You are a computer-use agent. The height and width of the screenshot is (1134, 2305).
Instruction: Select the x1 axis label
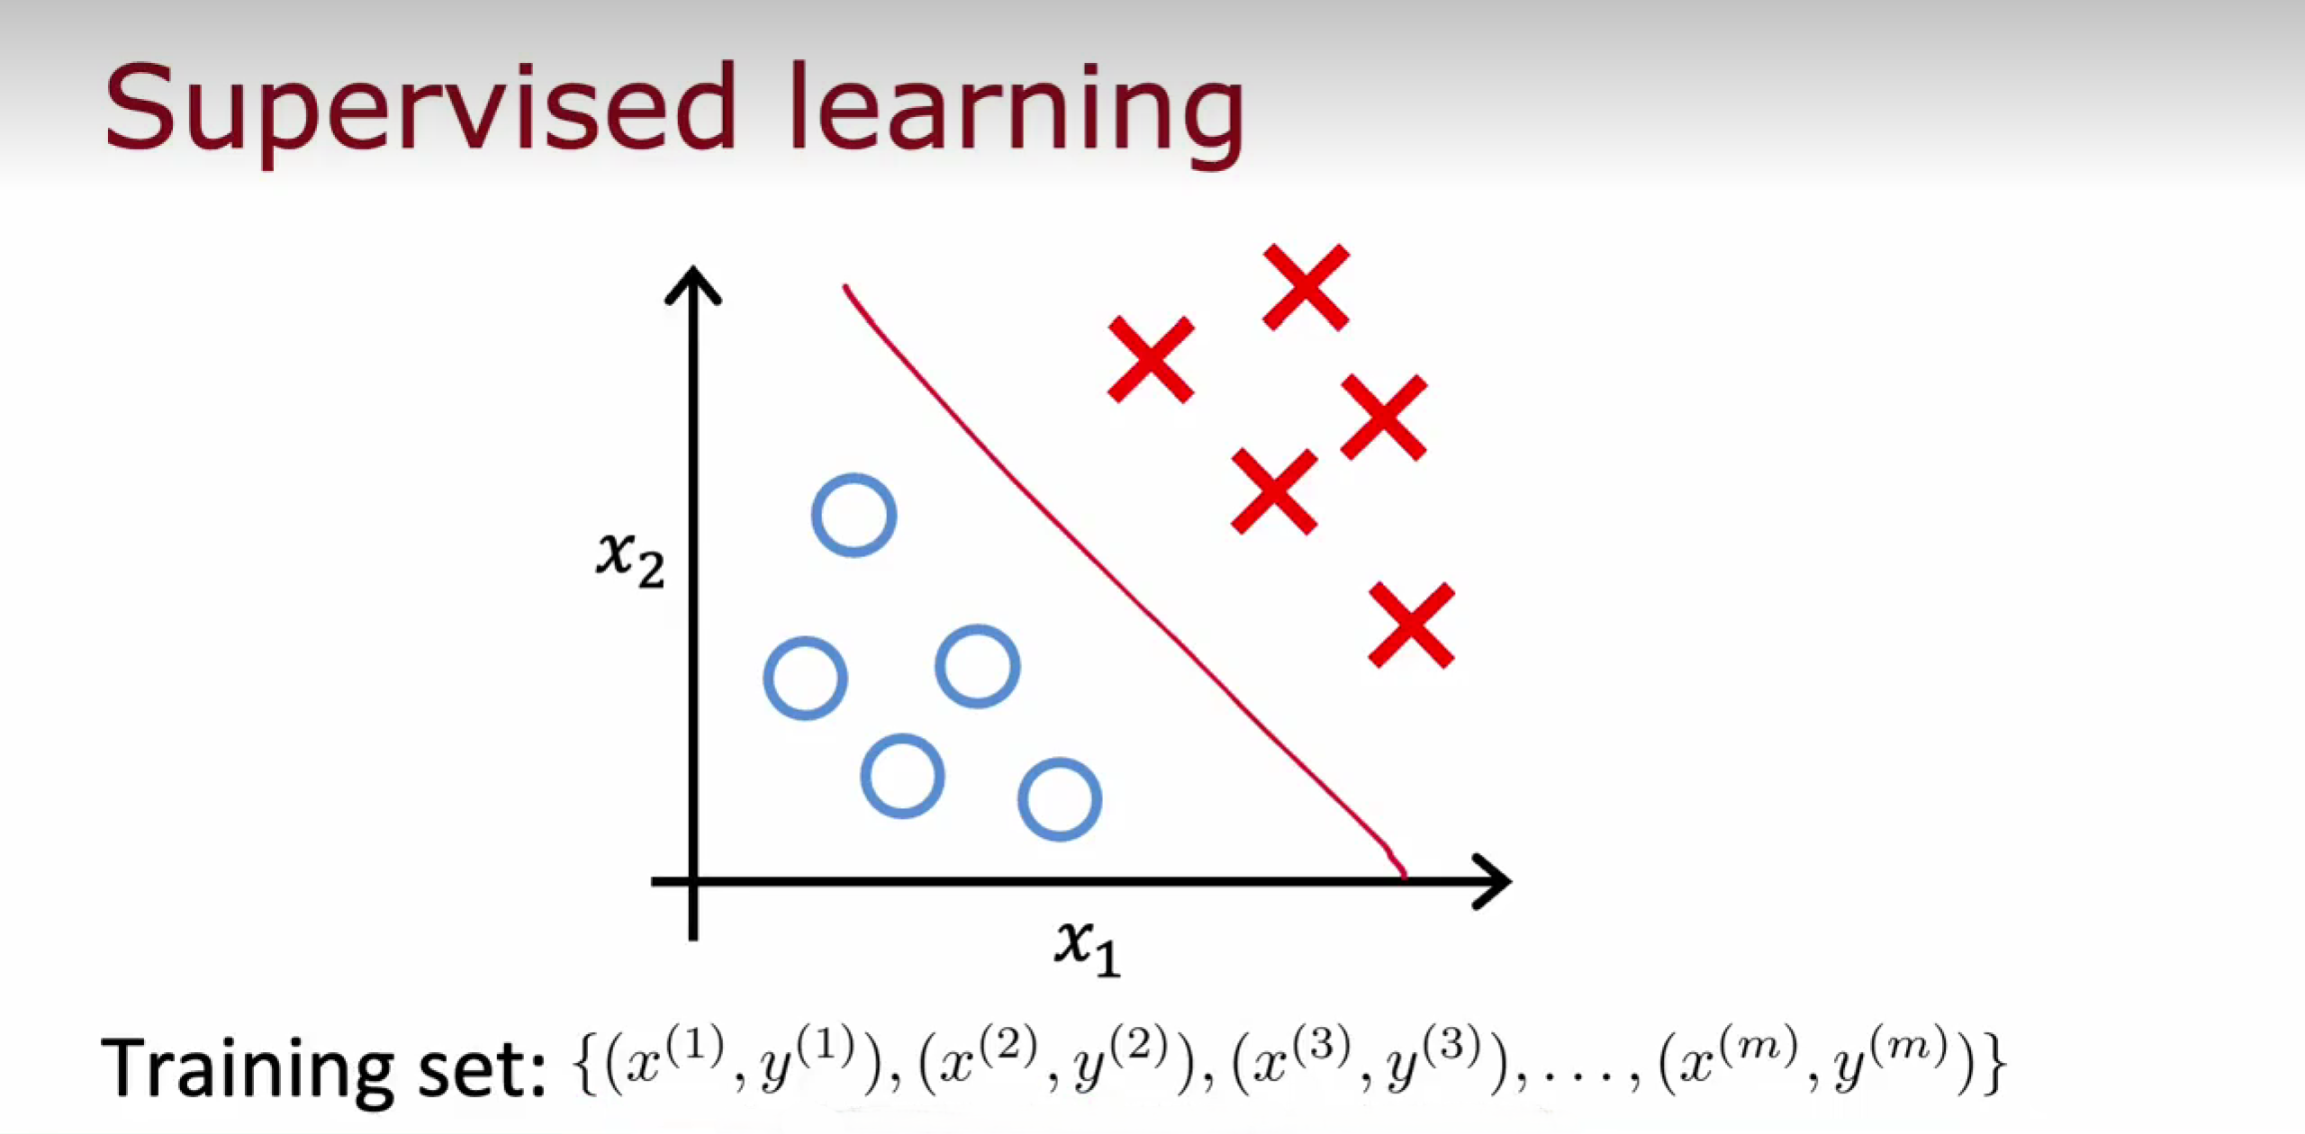[x=1088, y=948]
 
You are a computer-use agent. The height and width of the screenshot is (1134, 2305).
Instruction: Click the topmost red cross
[x=1306, y=286]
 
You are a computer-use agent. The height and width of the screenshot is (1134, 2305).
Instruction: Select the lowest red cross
[x=1411, y=625]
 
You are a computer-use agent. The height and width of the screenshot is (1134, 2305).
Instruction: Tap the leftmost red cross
[x=1151, y=359]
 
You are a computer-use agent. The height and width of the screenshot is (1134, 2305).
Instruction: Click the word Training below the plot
[x=247, y=1067]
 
